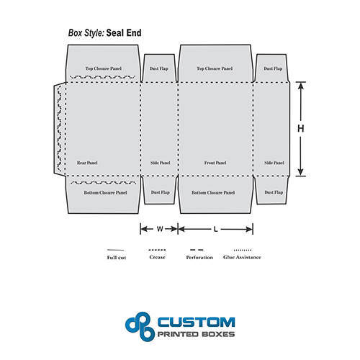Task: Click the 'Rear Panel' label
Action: coord(87,163)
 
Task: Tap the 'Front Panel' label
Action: coord(215,163)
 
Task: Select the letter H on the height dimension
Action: coord(301,129)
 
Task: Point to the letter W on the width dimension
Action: coord(160,229)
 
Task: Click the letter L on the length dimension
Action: coord(215,230)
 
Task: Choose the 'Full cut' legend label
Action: coord(117,258)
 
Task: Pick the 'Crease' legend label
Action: coord(157,257)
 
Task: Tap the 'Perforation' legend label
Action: coord(199,258)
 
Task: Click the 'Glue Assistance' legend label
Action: coord(242,257)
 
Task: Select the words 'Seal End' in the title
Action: coord(124,33)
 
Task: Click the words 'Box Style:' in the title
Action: coord(86,33)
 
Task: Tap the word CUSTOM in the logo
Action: coord(196,322)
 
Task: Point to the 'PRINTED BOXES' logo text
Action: coord(196,334)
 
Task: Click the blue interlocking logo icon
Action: coord(140,326)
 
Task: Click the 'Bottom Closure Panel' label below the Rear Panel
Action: coord(105,193)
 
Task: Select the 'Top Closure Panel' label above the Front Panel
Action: coord(215,68)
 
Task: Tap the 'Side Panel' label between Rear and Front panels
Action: coord(160,163)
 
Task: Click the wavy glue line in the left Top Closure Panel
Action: coord(103,77)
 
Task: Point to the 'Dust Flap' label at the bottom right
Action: coord(274,192)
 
